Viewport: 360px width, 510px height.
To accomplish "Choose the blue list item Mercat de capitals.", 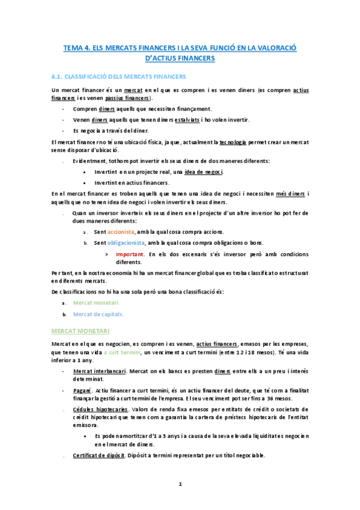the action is [x=99, y=314].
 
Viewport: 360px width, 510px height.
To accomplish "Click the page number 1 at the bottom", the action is [x=180, y=484].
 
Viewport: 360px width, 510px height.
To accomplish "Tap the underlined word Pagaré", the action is [x=83, y=390].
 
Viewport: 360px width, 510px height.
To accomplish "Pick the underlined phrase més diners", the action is [x=290, y=193].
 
